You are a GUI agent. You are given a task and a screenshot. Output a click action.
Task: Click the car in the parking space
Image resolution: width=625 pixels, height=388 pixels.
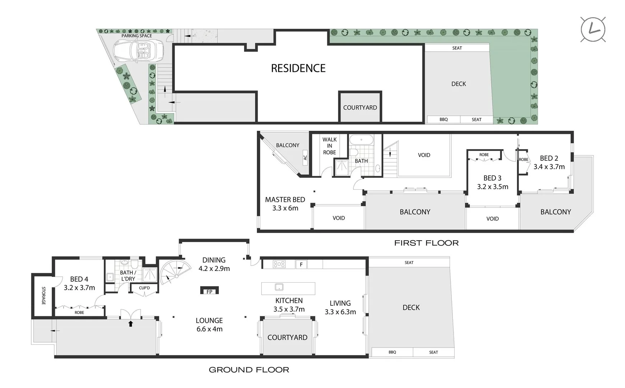click(138, 51)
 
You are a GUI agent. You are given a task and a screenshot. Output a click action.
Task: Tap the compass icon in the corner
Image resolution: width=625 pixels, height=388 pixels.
click(593, 29)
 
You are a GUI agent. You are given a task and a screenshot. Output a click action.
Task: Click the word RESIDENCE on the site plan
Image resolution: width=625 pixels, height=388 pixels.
click(298, 68)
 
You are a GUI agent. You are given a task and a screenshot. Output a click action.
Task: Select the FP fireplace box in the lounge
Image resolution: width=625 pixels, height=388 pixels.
click(210, 291)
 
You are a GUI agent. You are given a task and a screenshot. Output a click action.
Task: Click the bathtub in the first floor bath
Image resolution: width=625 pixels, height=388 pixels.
click(361, 140)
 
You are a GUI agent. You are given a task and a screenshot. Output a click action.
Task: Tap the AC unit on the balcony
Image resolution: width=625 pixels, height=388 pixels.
click(305, 157)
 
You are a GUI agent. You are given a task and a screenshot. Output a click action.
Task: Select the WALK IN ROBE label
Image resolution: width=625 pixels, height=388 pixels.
click(329, 146)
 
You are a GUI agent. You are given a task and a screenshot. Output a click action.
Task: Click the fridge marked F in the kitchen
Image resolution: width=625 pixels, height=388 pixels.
click(301, 264)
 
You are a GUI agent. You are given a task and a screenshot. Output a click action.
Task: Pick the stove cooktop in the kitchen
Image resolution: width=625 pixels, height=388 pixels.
click(279, 264)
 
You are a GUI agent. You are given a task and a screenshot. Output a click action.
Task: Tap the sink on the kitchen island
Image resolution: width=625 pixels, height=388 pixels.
click(279, 287)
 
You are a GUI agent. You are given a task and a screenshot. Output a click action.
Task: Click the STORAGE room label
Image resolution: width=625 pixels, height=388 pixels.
click(43, 296)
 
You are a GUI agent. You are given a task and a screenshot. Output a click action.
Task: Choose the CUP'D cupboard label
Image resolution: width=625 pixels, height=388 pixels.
click(144, 288)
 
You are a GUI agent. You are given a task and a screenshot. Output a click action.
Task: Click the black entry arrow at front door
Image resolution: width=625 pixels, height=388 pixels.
click(131, 324)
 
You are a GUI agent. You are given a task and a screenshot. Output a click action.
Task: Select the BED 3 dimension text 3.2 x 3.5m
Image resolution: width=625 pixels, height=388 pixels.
click(493, 187)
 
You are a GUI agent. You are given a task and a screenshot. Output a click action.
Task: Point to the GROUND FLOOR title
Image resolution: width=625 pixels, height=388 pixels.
click(249, 370)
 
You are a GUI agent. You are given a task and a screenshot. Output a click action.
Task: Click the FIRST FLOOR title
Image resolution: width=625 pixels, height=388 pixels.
click(426, 243)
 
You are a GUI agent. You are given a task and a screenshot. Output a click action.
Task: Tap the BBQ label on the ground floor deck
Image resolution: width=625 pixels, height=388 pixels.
click(392, 352)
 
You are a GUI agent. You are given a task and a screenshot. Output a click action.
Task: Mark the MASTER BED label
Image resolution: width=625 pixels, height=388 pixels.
click(285, 200)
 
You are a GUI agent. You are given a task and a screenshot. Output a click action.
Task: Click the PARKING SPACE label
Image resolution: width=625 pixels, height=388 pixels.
click(136, 36)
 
